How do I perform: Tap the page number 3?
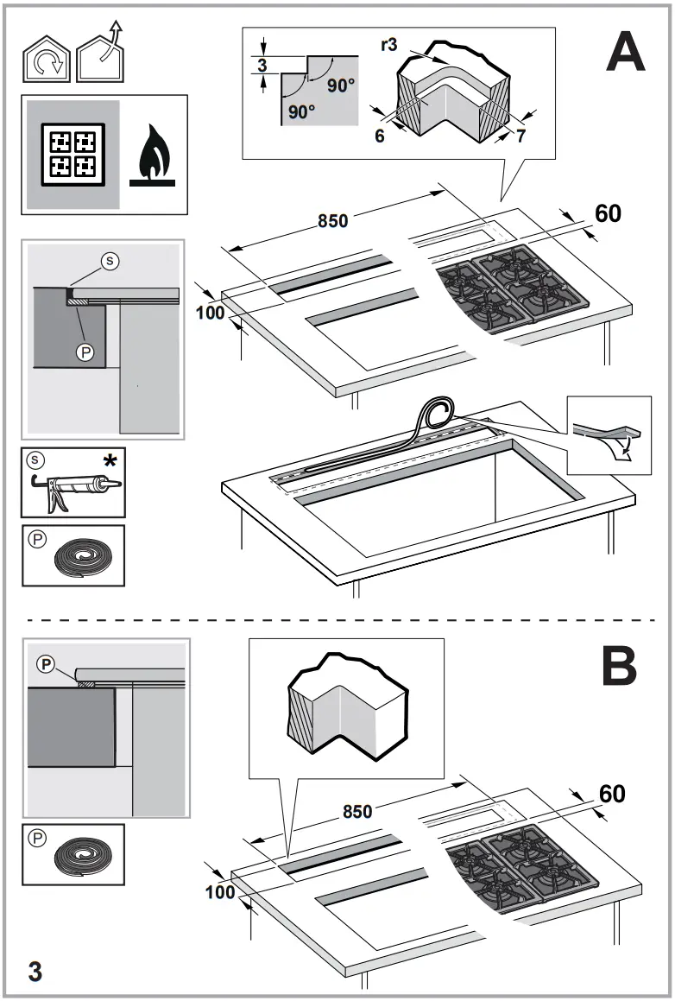[x=35, y=970]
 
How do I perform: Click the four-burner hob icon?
[x=73, y=154]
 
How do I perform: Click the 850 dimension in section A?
[x=332, y=221]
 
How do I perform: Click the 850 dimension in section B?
[x=357, y=812]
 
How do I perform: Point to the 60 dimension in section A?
[x=608, y=213]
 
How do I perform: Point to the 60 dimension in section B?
[x=611, y=794]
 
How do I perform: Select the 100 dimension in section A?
[x=210, y=313]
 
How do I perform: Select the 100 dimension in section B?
[x=221, y=892]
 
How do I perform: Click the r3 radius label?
[x=388, y=45]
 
